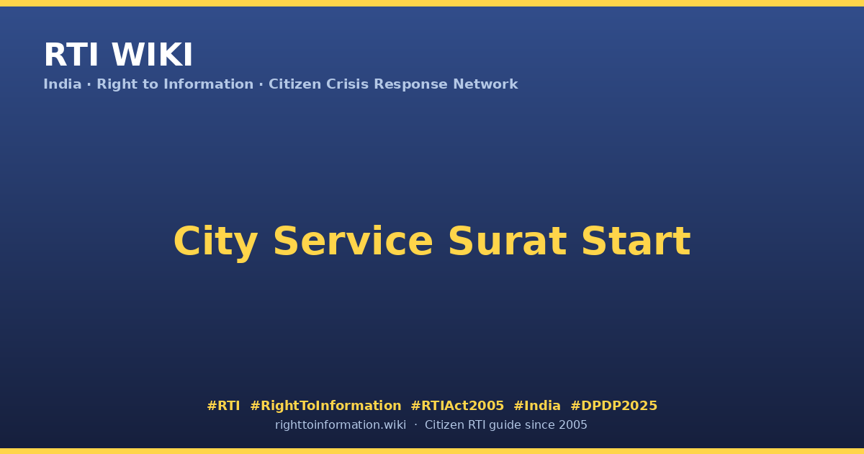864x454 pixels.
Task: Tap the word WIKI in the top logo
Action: pos(152,55)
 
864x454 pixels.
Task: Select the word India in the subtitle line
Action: pos(63,84)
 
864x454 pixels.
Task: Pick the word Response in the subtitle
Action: pos(410,84)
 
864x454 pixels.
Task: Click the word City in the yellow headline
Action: pos(215,242)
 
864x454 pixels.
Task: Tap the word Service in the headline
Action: pos(353,241)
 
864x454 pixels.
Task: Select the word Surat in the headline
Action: pos(507,241)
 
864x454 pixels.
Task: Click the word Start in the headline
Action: pos(636,241)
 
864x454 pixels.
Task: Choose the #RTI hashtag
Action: pos(223,406)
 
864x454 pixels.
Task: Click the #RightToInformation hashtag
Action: pos(325,406)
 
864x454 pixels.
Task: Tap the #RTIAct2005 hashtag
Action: pos(457,406)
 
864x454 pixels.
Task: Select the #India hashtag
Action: pos(537,406)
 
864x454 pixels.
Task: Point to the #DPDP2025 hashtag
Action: pos(613,406)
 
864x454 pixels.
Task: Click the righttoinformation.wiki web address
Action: pos(341,425)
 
